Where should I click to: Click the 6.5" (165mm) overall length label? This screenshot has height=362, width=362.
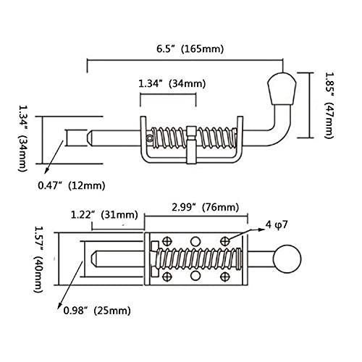click(x=190, y=49)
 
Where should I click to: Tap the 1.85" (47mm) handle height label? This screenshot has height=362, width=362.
click(x=329, y=105)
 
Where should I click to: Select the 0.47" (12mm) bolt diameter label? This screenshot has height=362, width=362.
click(x=72, y=186)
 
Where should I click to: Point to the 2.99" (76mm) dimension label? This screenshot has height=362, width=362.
click(x=205, y=207)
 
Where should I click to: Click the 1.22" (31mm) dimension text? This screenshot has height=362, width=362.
click(x=104, y=214)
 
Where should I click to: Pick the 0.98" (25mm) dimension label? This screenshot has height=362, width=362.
click(x=97, y=311)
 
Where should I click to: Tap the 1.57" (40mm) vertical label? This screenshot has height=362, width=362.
click(x=38, y=259)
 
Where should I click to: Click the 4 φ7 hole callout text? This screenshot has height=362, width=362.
click(x=277, y=225)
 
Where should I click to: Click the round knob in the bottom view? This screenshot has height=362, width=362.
click(x=287, y=259)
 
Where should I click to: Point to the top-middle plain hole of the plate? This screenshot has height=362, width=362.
click(x=195, y=241)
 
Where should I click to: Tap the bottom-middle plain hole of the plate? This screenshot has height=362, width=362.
click(x=195, y=276)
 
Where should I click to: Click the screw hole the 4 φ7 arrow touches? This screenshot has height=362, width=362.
click(x=225, y=241)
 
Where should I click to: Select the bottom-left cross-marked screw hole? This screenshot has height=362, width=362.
click(x=167, y=277)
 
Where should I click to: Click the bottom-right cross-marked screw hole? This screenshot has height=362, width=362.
click(x=225, y=277)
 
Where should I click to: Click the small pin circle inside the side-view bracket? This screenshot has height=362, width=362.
click(x=150, y=138)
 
